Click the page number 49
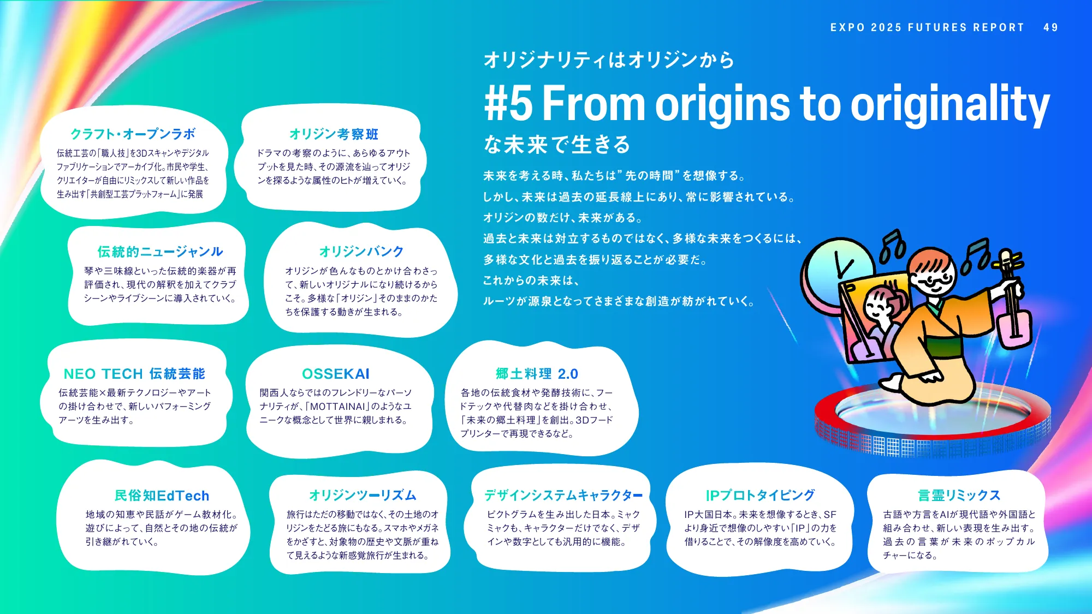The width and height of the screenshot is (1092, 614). [x=1050, y=27]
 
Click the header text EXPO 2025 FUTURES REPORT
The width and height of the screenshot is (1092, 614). [x=927, y=27]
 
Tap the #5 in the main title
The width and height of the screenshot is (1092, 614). [x=508, y=103]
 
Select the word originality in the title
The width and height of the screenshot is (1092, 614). [x=950, y=104]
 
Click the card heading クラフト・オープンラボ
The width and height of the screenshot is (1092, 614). [x=133, y=134]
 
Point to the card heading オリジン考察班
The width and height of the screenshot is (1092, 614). [x=334, y=134]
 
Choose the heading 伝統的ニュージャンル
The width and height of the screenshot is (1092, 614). [x=160, y=252]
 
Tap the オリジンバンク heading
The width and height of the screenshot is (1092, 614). [x=361, y=252]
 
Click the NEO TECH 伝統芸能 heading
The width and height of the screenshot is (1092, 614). [x=134, y=374]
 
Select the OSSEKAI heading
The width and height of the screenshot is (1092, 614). [x=336, y=374]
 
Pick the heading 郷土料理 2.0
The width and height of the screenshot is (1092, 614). [x=537, y=374]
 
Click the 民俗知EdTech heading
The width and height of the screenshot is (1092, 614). [x=162, y=496]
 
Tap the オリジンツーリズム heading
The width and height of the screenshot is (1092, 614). [x=363, y=495]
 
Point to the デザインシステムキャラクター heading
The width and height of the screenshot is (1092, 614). [x=563, y=495]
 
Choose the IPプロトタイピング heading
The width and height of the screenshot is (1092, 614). [x=760, y=495]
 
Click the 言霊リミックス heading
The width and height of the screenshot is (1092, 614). [x=959, y=495]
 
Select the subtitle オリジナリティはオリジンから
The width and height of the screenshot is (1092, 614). [x=609, y=59]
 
